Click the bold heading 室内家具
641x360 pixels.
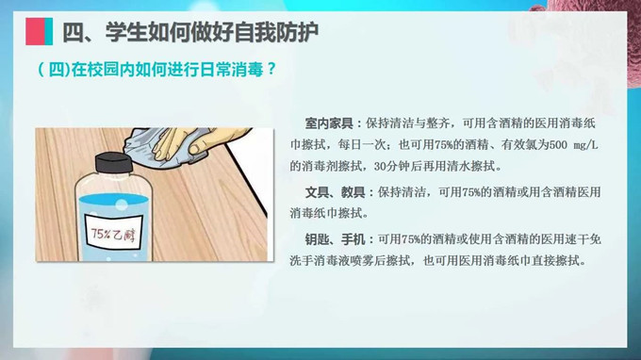pos(328,123)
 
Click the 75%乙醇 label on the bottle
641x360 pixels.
pos(113,230)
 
